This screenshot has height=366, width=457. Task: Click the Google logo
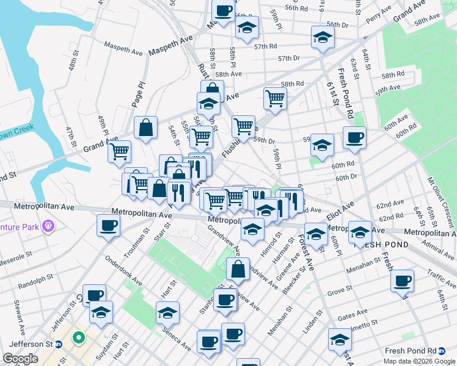[x=21, y=359]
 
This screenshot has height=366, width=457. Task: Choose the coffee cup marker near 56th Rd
[x=224, y=10]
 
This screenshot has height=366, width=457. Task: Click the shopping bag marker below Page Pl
[x=146, y=127]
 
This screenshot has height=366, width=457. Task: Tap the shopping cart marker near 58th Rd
[x=276, y=97]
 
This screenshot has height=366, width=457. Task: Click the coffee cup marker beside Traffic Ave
[x=402, y=281]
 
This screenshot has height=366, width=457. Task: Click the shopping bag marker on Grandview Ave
[x=238, y=268]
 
